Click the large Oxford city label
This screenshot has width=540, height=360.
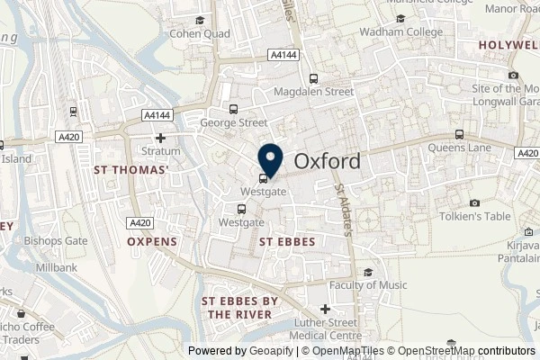pos(328,162)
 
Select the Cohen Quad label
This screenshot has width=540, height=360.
pos(195,35)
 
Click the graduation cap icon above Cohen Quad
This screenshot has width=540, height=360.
pos(200,20)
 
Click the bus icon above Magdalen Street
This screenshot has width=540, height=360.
pos(313,78)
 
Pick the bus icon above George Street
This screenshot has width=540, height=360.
pos(233,109)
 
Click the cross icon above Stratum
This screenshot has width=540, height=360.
pos(160,138)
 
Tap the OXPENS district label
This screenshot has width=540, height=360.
pos(151,242)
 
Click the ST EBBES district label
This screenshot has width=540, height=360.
pos(286,242)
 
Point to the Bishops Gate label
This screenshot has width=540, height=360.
pos(56,241)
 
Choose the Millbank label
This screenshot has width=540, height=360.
pos(56,269)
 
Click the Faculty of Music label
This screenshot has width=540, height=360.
pos(366,285)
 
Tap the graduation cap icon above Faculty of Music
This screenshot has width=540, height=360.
pos(367,272)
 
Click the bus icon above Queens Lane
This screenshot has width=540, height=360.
pos(459,135)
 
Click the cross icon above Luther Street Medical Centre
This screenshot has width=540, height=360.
pos(326,310)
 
